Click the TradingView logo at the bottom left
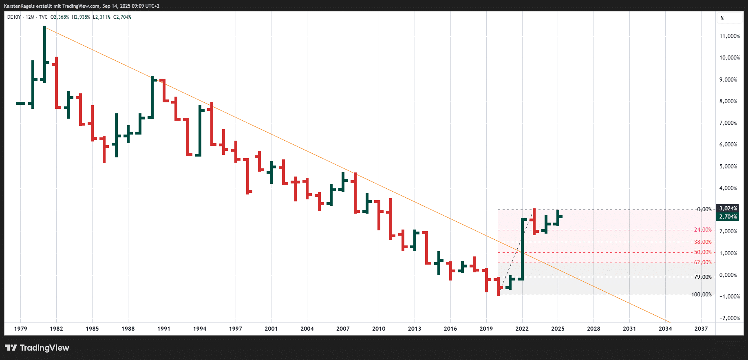point(37,348)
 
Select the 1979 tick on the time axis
point(20,329)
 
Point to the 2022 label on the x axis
point(522,329)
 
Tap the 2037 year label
point(701,329)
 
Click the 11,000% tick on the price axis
point(729,36)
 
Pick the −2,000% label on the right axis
point(729,318)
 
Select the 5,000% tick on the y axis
point(728,166)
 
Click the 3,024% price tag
point(728,209)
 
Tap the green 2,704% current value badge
point(728,217)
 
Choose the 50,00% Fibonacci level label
point(703,252)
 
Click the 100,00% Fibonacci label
point(702,295)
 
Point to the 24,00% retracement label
point(703,230)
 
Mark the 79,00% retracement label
point(703,277)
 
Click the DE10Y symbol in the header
point(14,17)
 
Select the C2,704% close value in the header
point(122,17)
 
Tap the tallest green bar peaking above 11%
point(45,53)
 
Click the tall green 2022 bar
point(522,249)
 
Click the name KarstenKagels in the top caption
point(19,6)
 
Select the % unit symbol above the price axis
point(722,18)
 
